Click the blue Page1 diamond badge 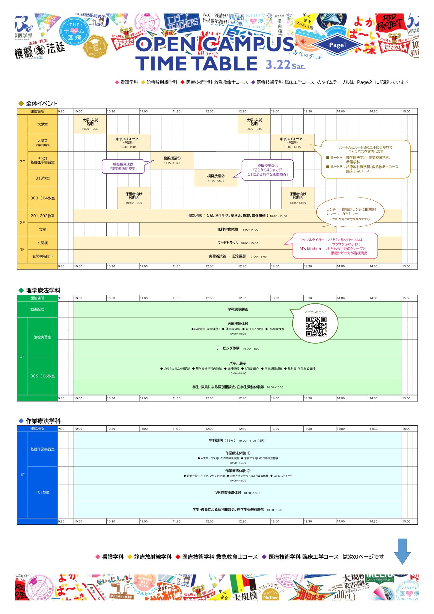tap(337, 45)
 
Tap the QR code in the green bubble tap(316, 326)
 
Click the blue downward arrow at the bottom tap(402, 551)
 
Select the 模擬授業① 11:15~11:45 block tap(172, 160)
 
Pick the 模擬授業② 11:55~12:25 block tap(216, 178)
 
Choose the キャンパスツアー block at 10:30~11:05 tap(128, 143)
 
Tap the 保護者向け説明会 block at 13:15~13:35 tap(298, 198)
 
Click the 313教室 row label tap(43, 178)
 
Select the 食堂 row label tap(43, 229)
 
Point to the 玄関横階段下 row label tap(43, 256)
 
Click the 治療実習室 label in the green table tap(43, 337)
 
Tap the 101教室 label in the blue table tap(43, 492)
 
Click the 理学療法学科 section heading tap(43, 290)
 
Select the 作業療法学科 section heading tap(43, 421)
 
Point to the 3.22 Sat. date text tap(285, 65)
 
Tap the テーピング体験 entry tap(228, 348)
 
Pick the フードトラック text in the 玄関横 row tap(228, 243)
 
